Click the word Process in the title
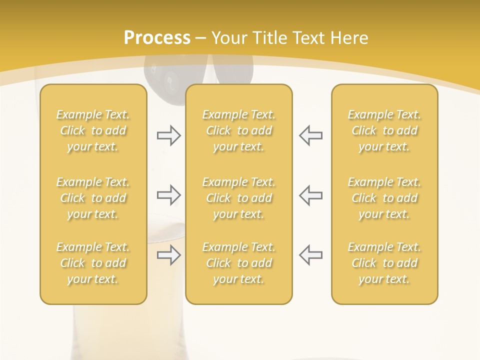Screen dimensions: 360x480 pos(157,38)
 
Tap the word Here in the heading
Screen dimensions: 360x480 pos(349,38)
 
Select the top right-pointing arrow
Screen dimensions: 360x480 pos(168,135)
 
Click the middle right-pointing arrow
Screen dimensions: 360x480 pos(168,195)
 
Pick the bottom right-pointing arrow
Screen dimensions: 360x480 pos(168,255)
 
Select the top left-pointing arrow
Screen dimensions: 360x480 pos(311,135)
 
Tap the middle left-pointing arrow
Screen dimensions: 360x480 pos(311,195)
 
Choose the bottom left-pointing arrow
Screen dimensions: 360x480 pos(311,255)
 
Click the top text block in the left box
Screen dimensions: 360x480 pos(93,130)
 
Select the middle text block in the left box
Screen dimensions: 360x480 pos(93,198)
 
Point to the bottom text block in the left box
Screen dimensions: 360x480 pos(93,263)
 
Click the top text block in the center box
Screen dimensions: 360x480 pos(238,130)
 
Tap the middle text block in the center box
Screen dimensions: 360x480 pos(238,198)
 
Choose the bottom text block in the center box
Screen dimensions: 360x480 pos(238,263)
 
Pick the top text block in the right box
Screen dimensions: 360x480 pos(384,130)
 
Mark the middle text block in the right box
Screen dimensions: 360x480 pos(384,198)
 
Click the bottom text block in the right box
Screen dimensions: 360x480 pos(384,263)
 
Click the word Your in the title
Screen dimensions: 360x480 pos(229,38)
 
